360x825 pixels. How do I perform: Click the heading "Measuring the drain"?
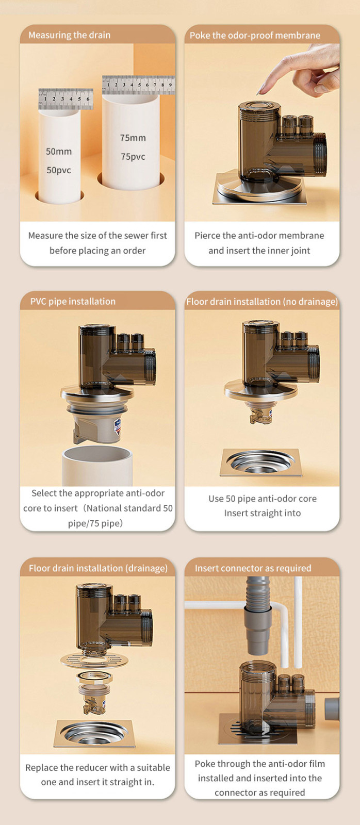69,35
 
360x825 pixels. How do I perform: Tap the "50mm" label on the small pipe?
59,152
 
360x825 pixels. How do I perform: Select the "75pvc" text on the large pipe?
133,157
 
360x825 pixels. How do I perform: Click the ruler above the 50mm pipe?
66,98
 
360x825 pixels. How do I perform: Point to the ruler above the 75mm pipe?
138,85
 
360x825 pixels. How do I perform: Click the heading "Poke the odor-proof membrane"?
255,36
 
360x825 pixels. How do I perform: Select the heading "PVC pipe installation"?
73,301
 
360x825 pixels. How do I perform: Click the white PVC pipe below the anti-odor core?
97,466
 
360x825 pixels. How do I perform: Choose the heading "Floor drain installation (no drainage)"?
262,302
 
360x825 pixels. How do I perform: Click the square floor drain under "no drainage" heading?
261,462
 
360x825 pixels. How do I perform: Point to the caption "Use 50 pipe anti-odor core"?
263,498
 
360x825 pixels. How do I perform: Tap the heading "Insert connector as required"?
253,568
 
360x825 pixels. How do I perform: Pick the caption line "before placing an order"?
97,251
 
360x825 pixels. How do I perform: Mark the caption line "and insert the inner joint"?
259,251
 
